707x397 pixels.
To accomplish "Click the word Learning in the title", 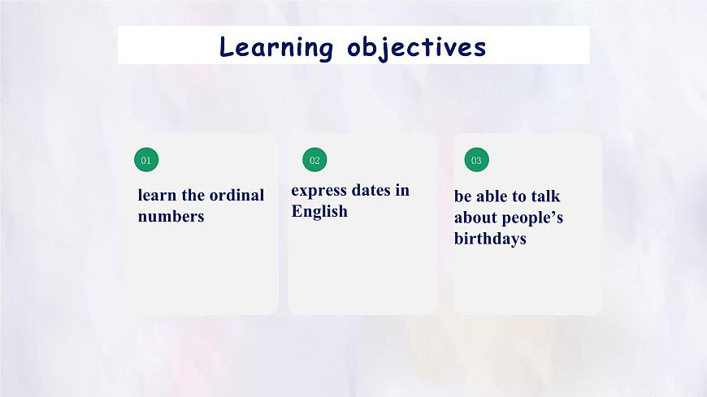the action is tap(276, 47).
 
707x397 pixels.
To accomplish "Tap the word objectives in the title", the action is tap(417, 47).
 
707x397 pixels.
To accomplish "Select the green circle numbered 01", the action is tap(146, 160).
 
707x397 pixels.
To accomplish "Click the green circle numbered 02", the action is tap(314, 160).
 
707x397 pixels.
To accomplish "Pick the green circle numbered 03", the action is tap(476, 160).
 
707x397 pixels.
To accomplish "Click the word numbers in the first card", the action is tap(171, 216).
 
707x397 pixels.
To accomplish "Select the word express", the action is tap(319, 191).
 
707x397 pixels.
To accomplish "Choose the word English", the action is tap(319, 211).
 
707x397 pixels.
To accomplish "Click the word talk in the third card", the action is tap(545, 196).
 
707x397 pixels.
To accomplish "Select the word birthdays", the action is tap(490, 239).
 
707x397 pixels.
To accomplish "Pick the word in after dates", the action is tap(402, 190).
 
